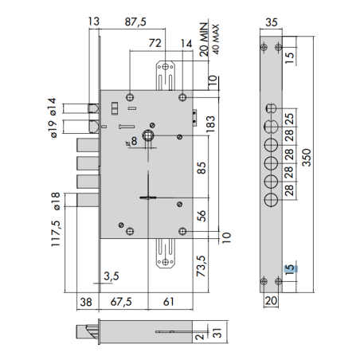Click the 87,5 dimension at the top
135,22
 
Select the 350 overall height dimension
307,158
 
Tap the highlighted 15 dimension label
290,269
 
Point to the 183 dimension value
210,124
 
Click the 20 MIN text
204,39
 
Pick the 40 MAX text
216,39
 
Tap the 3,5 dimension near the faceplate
112,276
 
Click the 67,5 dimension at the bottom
121,302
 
